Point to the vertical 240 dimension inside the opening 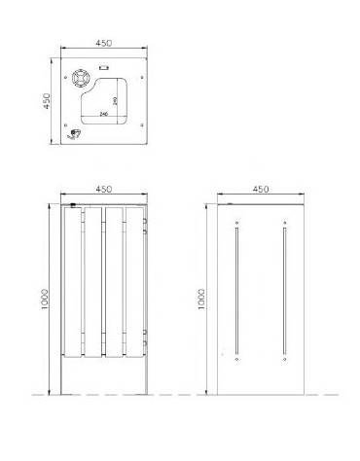(x=116, y=98)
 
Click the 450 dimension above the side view (x=260, y=190)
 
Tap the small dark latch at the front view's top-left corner (x=73, y=204)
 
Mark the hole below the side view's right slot (x=283, y=362)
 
